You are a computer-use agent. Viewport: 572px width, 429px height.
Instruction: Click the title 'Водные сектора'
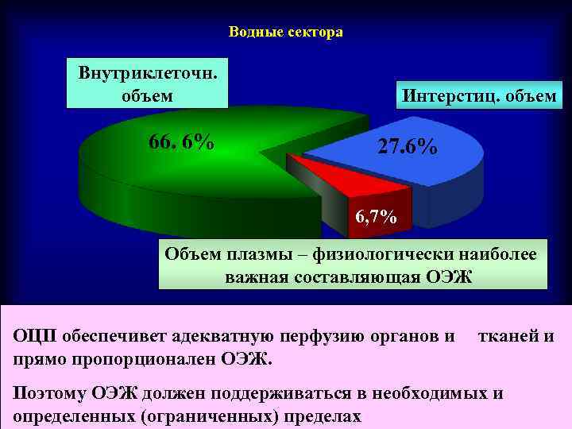tap(285, 33)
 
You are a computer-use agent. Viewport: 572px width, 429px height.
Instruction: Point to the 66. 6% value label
tap(181, 142)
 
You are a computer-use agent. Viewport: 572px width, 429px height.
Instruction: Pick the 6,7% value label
tap(376, 217)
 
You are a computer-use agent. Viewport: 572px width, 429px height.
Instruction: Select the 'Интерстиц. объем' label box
tap(479, 97)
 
